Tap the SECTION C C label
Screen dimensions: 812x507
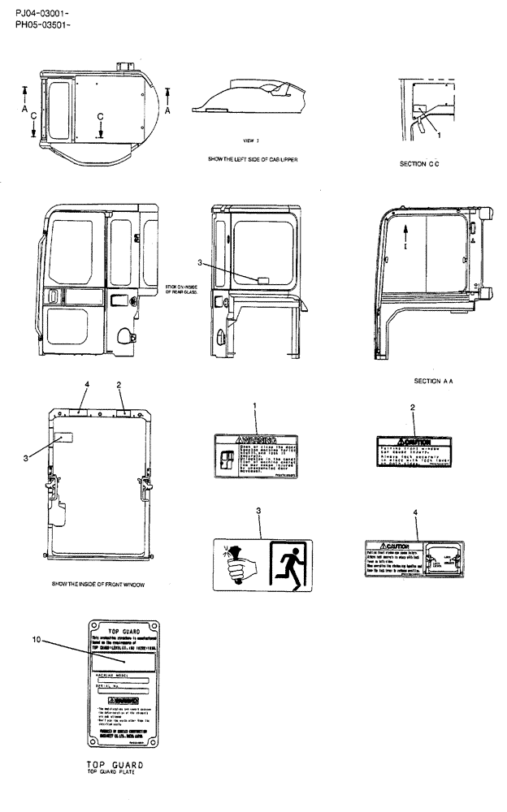pyautogui.click(x=419, y=164)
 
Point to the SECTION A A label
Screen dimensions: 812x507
pyautogui.click(x=433, y=381)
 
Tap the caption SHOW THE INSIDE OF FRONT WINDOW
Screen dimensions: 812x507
pyautogui.click(x=98, y=584)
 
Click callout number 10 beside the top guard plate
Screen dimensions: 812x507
pyautogui.click(x=36, y=640)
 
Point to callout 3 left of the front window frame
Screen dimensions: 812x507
pyautogui.click(x=27, y=459)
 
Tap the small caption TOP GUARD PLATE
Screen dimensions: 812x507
pyautogui.click(x=115, y=771)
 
